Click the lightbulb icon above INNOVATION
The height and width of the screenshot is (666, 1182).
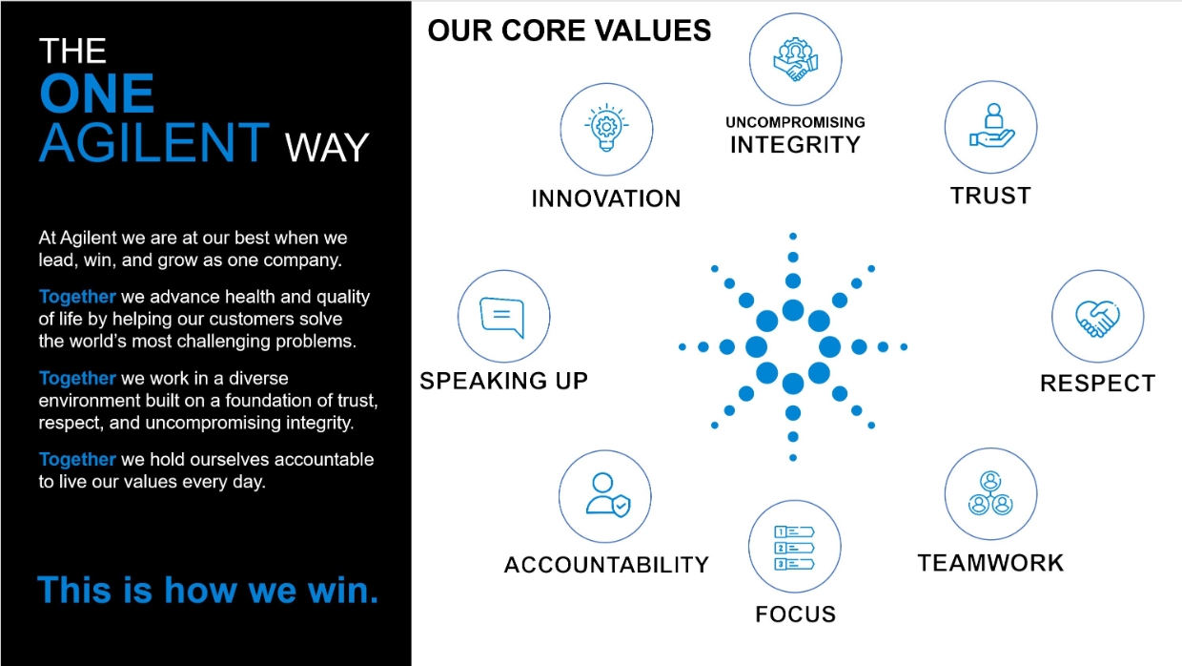point(605,129)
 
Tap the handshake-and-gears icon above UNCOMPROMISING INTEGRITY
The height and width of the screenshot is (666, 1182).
point(795,59)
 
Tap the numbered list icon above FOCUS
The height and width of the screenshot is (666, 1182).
point(794,548)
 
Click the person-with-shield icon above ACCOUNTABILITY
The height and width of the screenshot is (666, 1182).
point(605,496)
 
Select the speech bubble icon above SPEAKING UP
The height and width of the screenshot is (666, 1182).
point(503,316)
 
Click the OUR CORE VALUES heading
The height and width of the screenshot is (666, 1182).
point(569,31)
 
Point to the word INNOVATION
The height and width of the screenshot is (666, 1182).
point(606,198)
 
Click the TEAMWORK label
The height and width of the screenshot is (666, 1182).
point(990,563)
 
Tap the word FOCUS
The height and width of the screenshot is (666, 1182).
point(795,614)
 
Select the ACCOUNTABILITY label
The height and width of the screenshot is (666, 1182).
point(606,565)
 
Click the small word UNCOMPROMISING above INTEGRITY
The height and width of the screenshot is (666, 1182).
point(795,122)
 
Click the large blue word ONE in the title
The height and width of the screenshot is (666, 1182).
point(96,94)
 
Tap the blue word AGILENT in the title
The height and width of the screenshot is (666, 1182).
point(154,143)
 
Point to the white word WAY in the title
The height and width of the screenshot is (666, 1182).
point(327,148)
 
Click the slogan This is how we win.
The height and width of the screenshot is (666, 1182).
point(208,590)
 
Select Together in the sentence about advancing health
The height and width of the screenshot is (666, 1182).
point(77,297)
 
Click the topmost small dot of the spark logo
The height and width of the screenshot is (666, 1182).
point(793,236)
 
